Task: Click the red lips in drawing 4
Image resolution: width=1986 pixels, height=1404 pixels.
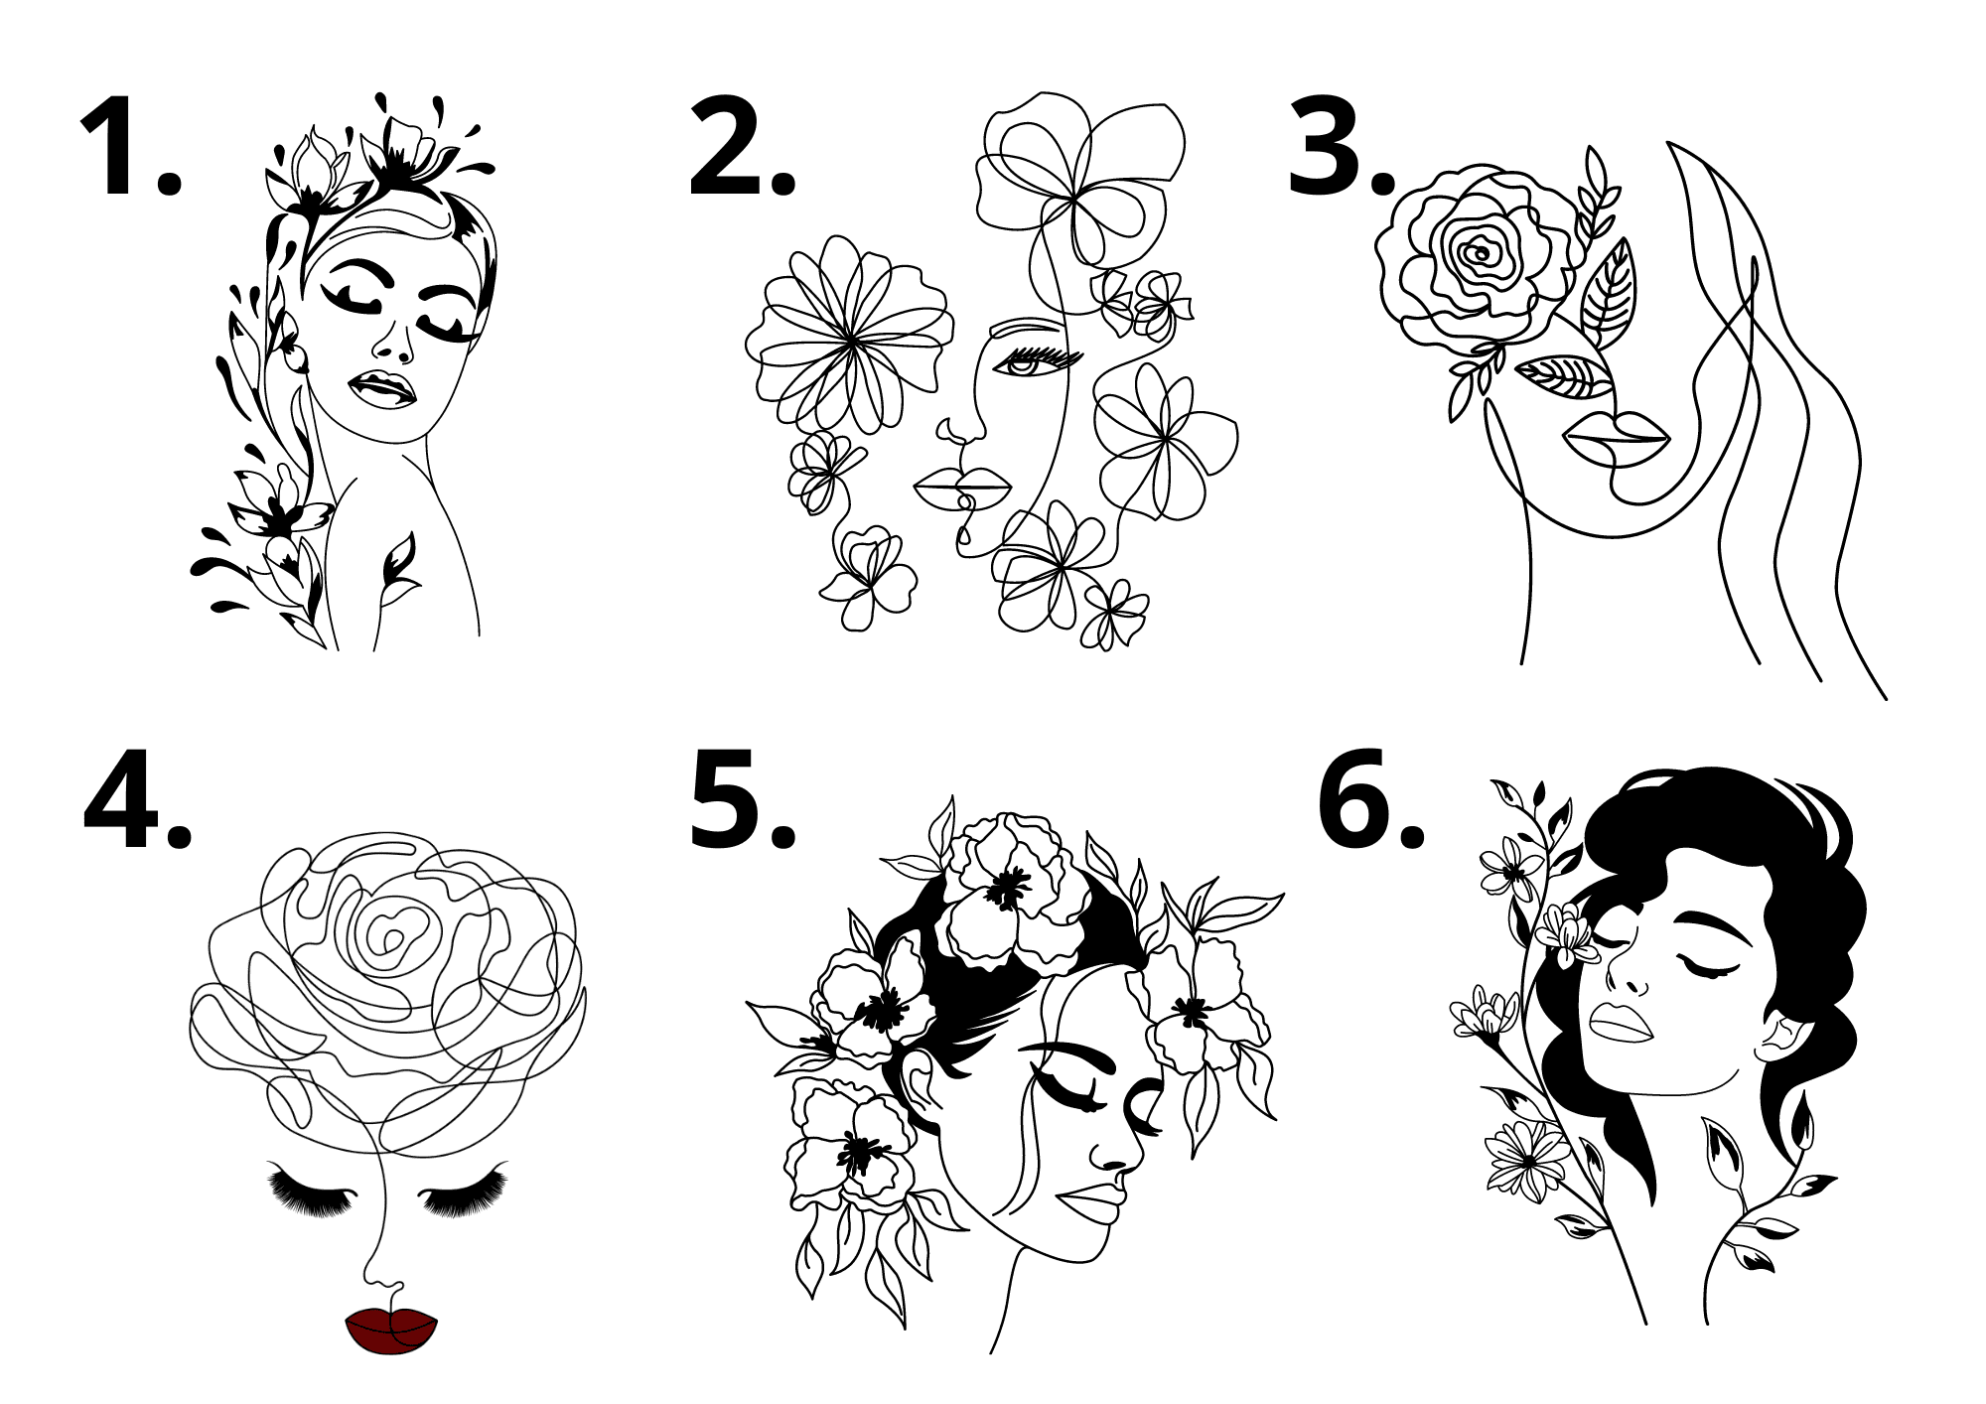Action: pos(391,1330)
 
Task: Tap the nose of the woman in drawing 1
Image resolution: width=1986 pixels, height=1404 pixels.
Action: pos(395,343)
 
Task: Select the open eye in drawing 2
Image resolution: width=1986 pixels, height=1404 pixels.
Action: pos(1020,365)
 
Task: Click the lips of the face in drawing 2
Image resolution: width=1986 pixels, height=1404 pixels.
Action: pos(962,487)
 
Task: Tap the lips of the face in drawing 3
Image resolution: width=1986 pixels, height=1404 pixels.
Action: pos(1617,437)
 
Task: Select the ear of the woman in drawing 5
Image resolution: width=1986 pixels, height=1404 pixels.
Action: pos(921,1078)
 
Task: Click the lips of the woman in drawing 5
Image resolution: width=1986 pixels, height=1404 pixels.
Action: pos(1089,1202)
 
